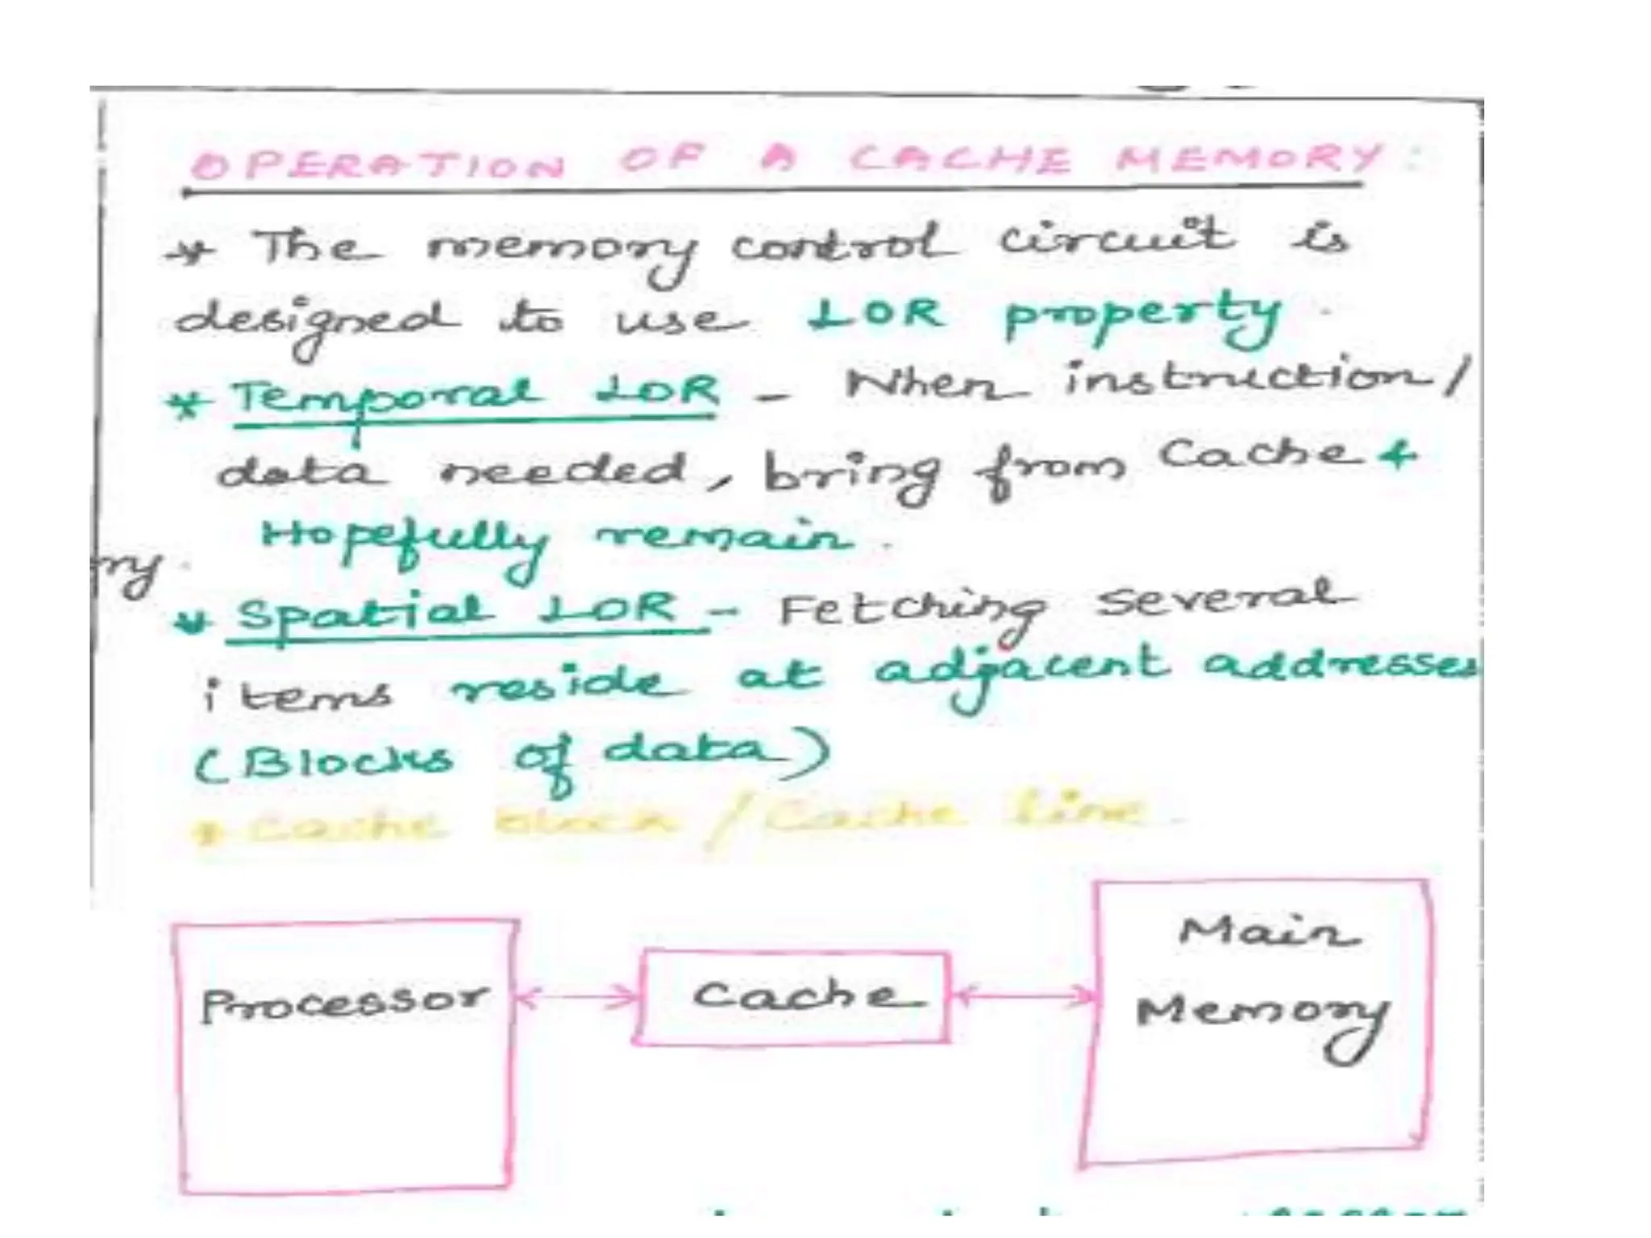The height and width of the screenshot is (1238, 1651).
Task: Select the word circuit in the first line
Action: [1117, 239]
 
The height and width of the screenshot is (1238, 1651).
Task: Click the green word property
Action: [1141, 317]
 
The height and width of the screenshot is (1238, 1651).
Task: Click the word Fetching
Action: [911, 614]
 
